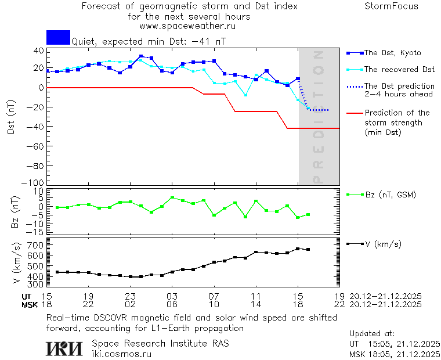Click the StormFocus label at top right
tap(391, 6)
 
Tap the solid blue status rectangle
tap(58, 37)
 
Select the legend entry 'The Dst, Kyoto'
tap(392, 53)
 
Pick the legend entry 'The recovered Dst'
tap(399, 70)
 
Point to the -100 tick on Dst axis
tap(35, 182)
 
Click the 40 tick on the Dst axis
tap(38, 51)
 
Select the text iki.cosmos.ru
tap(121, 353)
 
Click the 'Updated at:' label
tap(371, 334)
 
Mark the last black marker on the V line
tap(308, 250)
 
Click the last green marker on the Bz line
tap(308, 215)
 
